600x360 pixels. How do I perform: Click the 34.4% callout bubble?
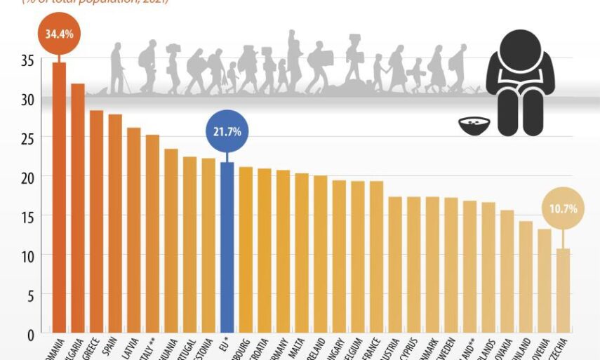59,33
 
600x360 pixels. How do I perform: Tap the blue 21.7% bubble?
227,131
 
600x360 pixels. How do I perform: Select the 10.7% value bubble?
564,208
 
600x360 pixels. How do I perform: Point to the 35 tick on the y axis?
27,60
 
